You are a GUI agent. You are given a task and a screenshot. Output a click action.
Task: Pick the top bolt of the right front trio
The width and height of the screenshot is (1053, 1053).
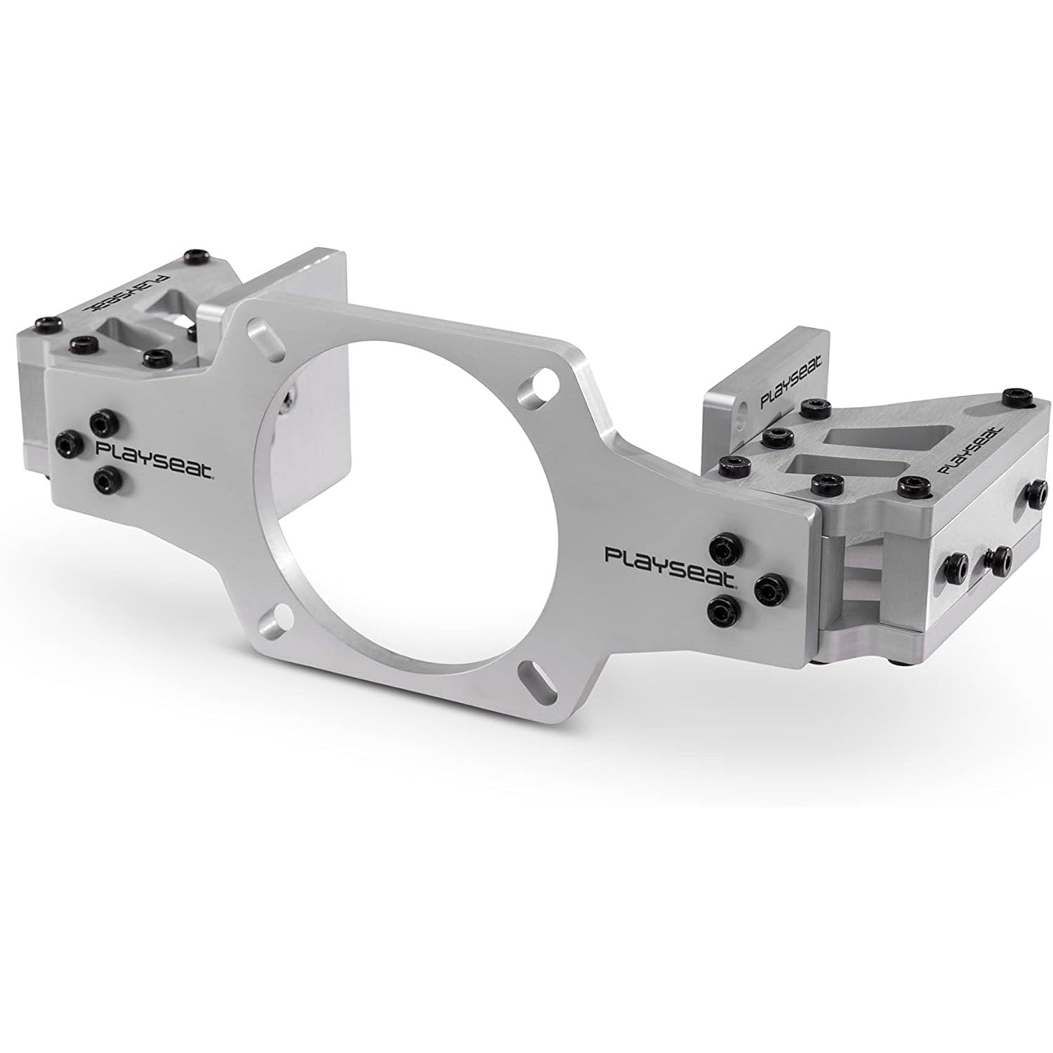722,544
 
